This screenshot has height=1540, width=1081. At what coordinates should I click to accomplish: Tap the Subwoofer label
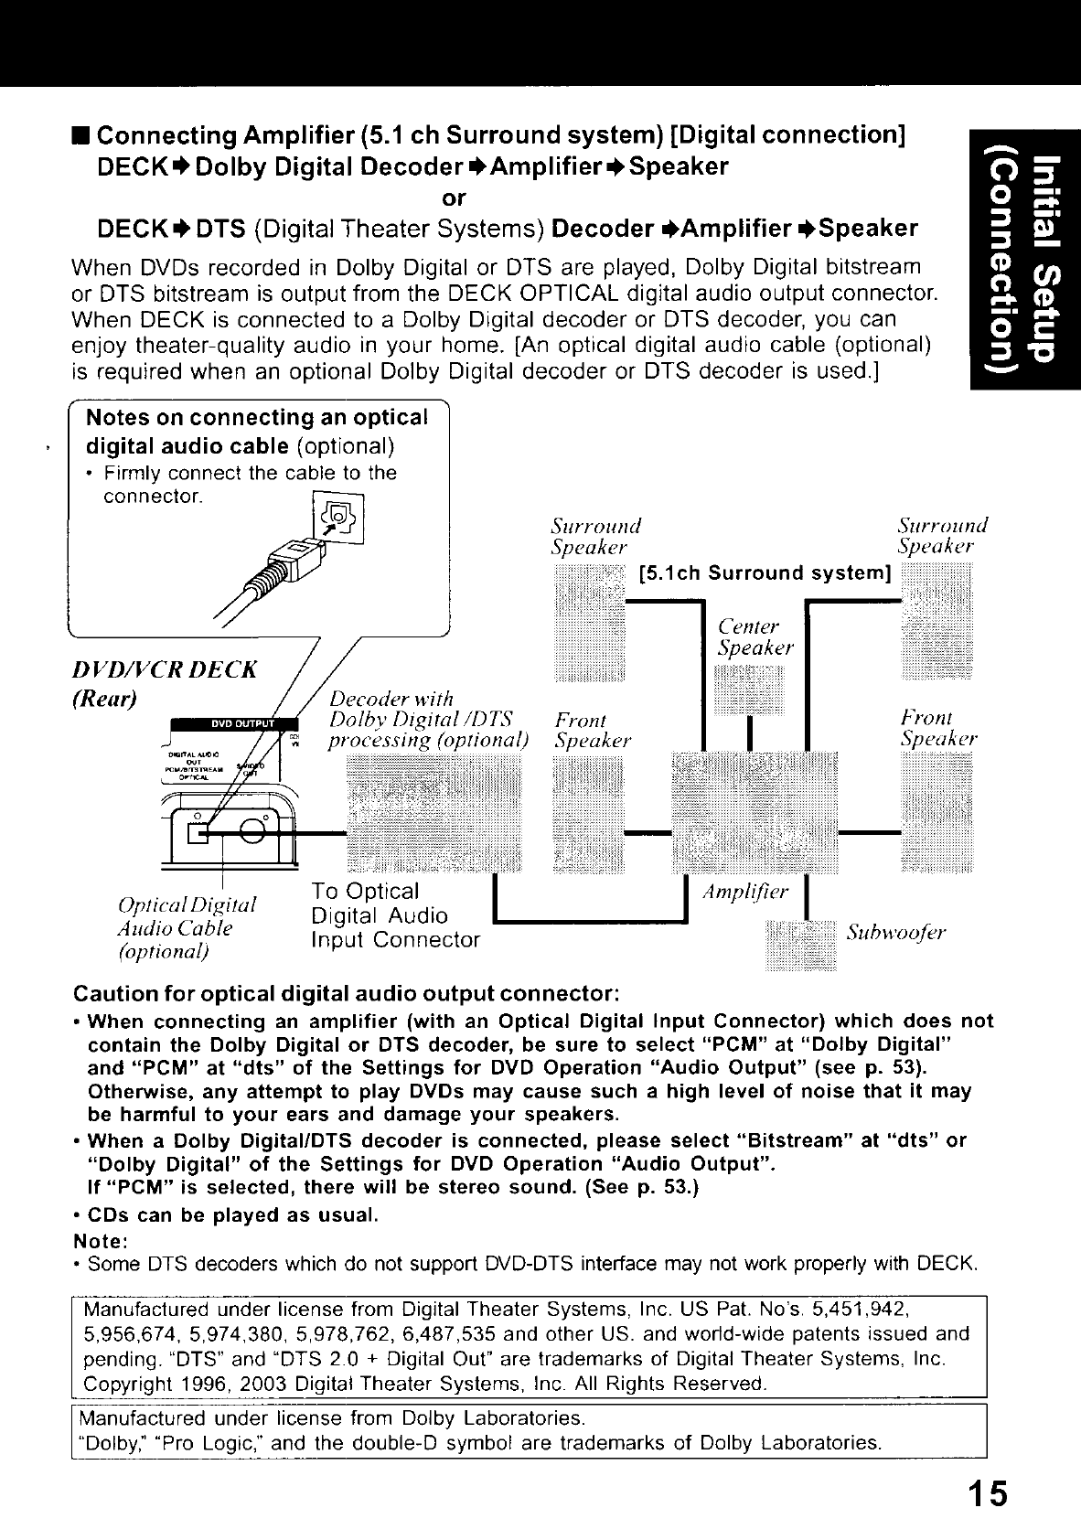tap(896, 933)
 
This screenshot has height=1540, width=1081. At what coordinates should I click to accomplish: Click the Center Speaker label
tap(755, 637)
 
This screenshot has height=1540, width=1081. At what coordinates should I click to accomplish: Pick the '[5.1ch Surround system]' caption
tap(765, 573)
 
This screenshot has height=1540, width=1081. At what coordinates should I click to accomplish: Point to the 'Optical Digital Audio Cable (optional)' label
tap(187, 927)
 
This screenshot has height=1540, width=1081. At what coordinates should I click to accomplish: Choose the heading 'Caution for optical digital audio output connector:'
tap(346, 994)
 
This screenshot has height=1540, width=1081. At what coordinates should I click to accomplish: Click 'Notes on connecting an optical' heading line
tap(256, 418)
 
